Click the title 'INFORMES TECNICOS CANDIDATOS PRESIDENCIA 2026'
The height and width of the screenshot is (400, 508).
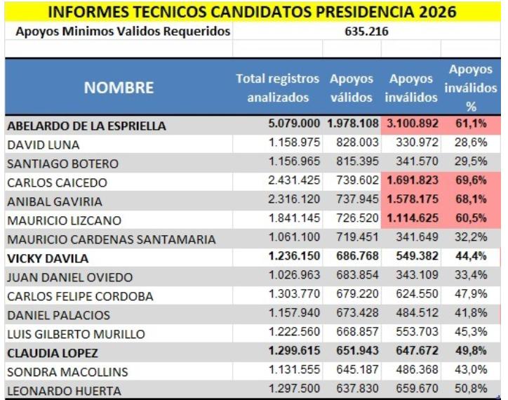253,12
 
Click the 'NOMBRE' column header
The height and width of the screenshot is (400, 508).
119,88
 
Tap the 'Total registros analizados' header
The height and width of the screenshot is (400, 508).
277,88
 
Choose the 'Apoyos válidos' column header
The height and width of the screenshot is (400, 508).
352,88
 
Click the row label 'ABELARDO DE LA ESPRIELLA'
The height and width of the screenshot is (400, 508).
86,126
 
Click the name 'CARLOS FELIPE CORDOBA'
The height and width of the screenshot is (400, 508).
80,296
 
